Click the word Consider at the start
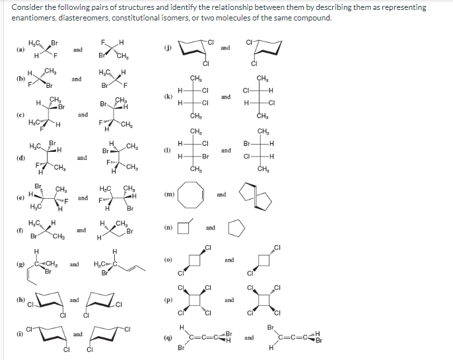click(x=25, y=7)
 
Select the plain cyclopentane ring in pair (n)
click(x=236, y=227)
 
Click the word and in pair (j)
click(x=225, y=48)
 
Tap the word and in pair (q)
click(x=249, y=337)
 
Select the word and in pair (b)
click(x=77, y=79)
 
